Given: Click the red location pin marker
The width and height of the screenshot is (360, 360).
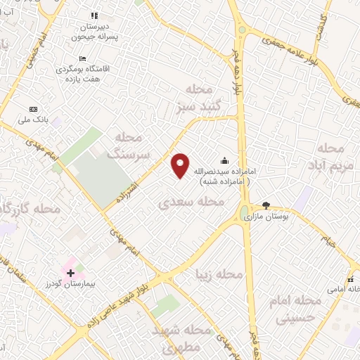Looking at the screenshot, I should point(181,165).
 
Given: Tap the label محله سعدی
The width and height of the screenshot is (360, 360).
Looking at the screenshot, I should point(191,202).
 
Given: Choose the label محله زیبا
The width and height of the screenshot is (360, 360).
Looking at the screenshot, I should point(220,273).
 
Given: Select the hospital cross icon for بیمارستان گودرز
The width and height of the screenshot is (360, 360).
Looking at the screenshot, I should point(70,272).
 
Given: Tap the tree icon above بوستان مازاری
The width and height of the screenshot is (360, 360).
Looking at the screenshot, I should point(266,205).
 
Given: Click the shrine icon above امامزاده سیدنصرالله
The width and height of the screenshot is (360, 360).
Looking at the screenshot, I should point(224,160).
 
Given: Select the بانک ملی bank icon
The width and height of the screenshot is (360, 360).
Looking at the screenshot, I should point(33,109).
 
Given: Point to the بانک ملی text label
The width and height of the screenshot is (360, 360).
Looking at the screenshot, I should point(41,120).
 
